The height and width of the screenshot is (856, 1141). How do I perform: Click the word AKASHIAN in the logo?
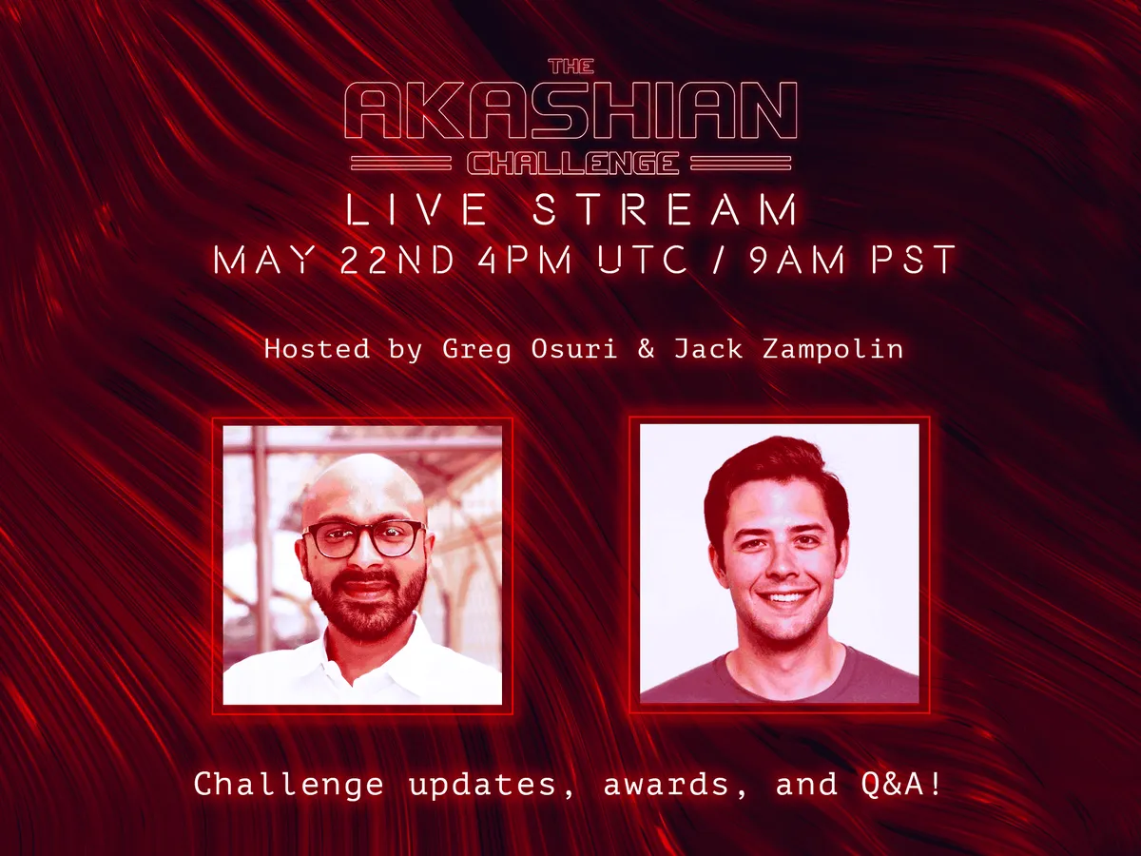click(x=570, y=111)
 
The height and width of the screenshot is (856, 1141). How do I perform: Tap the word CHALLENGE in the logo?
click(x=571, y=164)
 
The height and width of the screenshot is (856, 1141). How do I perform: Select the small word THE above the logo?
click(x=570, y=67)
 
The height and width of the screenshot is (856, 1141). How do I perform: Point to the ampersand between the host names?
click(x=647, y=349)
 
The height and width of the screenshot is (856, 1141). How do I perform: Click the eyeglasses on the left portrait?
click(x=364, y=539)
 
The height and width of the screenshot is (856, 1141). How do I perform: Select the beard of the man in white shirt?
click(x=366, y=609)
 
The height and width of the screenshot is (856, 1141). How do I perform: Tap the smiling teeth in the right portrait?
click(x=785, y=597)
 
